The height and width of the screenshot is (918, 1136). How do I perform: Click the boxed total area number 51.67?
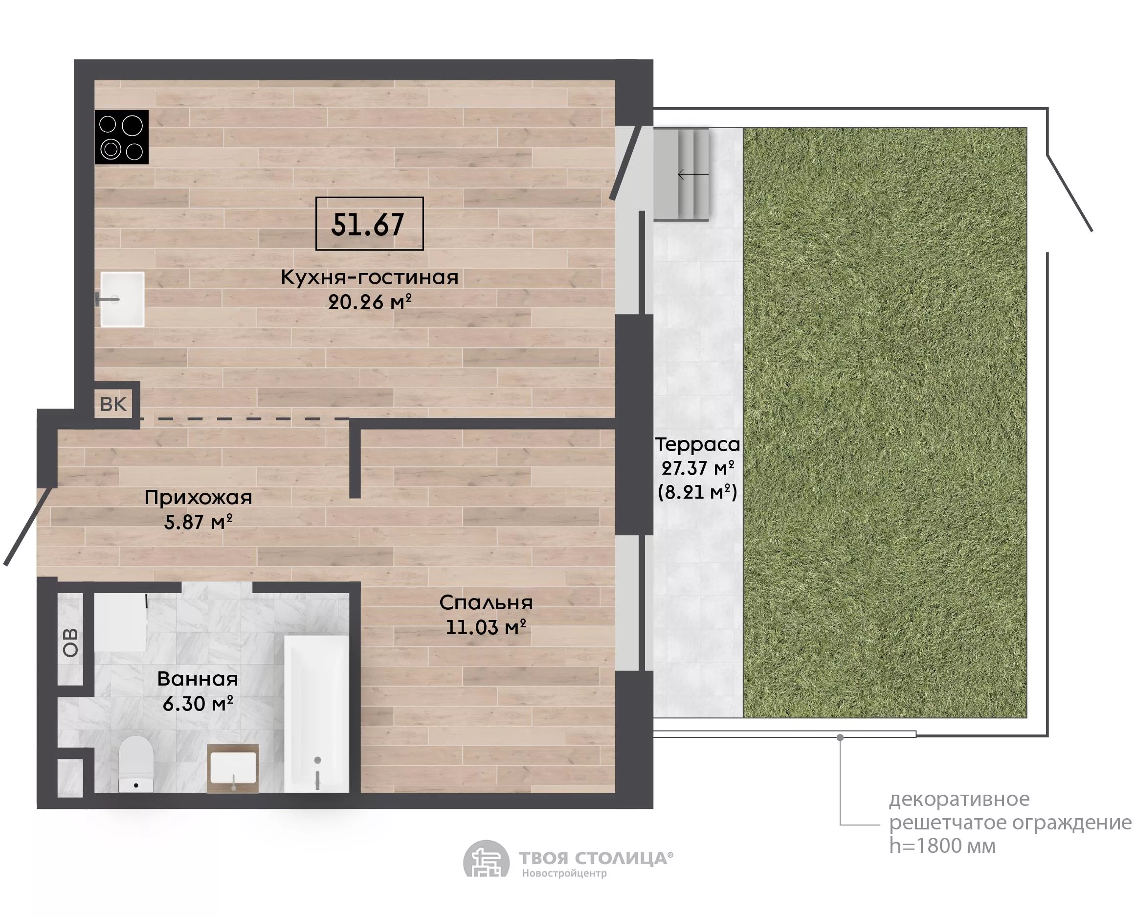tap(368, 224)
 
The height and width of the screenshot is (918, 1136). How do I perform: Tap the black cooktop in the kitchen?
tap(122, 137)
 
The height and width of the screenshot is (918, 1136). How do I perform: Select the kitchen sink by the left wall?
tap(123, 299)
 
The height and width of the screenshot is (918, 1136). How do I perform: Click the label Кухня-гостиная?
tap(369, 277)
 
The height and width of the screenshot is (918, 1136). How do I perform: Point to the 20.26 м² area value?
tap(369, 302)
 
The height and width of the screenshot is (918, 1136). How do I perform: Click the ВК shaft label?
tap(113, 404)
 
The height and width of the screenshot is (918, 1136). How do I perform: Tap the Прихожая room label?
tap(198, 497)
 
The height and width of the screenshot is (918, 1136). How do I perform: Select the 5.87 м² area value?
tap(198, 522)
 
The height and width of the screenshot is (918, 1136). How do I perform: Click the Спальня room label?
tap(486, 602)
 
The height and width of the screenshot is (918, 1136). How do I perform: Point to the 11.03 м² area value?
tap(486, 627)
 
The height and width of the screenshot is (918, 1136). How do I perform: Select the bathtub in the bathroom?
tap(316, 714)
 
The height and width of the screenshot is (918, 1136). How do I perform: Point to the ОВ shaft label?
tap(70, 643)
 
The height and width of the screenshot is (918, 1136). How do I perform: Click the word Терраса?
tap(697, 444)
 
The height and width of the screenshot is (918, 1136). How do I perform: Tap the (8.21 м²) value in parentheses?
tap(697, 492)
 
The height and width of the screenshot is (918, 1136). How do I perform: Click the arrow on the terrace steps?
tap(693, 174)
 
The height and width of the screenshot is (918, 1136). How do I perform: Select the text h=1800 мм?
tap(942, 846)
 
